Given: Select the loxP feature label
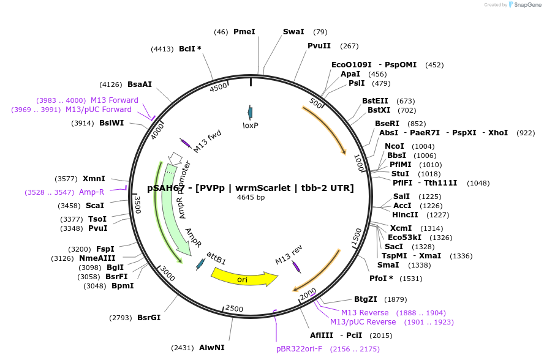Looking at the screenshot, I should tap(251, 125).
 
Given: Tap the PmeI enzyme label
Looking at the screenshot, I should tap(244, 32).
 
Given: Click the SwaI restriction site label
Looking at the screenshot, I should tap(293, 32).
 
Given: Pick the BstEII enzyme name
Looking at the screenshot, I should tap(375, 101).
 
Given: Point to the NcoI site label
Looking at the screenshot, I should tap(395, 146).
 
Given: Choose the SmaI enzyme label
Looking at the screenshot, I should tap(388, 265).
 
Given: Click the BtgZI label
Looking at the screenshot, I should tap(366, 299).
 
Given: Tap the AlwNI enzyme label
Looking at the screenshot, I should tap(212, 348).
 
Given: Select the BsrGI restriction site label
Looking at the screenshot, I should tap(149, 318).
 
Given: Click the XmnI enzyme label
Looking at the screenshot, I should tap(94, 179).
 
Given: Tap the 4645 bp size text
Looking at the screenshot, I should tap(251, 197).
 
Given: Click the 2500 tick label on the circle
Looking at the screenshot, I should tap(235, 308).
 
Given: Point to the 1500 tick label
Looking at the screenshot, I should tap(357, 237).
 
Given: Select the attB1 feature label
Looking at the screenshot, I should tap(216, 257).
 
